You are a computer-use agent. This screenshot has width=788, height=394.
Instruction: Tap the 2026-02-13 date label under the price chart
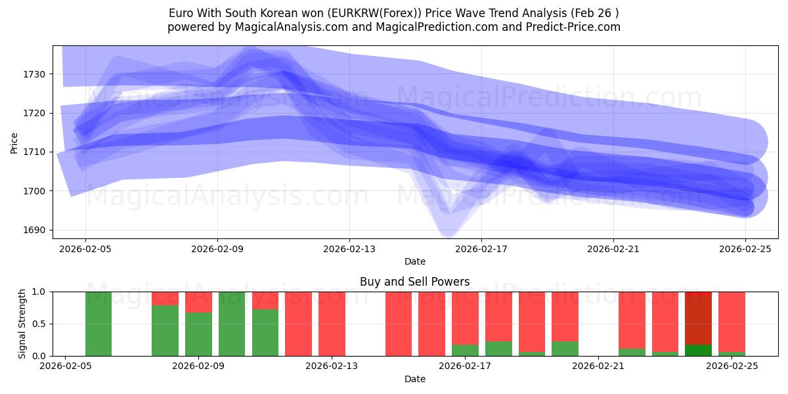click(349, 249)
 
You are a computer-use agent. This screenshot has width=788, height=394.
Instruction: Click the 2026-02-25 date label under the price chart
click(745, 249)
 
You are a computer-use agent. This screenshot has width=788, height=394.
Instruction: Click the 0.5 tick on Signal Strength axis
click(39, 324)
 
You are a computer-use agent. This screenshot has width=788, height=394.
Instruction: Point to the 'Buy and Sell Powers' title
click(414, 282)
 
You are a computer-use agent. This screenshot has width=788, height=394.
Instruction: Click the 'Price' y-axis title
click(14, 142)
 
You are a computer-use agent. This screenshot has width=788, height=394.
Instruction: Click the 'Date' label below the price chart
click(414, 261)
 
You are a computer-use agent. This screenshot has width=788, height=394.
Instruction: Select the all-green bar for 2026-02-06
click(98, 324)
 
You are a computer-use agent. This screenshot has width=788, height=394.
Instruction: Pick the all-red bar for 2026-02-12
click(298, 324)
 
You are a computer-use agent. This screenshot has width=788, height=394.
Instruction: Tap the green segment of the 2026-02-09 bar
click(198, 335)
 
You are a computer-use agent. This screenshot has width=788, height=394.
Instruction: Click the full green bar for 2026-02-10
click(232, 324)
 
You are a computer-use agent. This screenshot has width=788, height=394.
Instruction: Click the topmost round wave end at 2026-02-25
click(746, 142)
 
